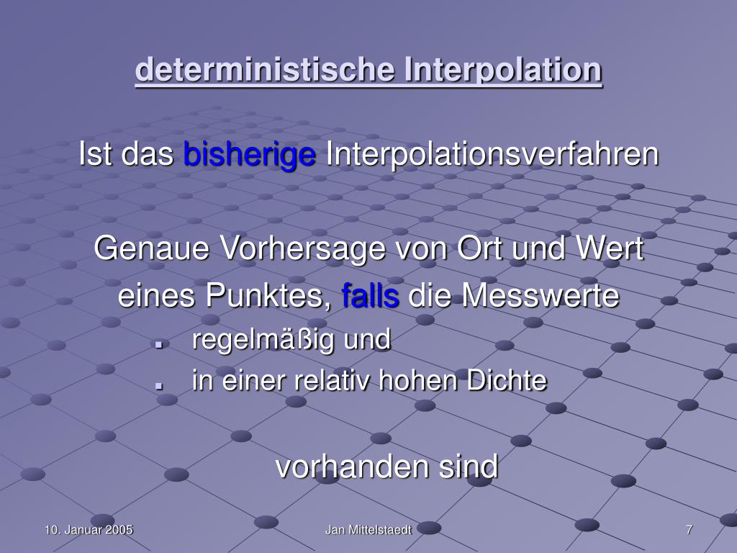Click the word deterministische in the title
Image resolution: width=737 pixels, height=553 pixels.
tap(265, 69)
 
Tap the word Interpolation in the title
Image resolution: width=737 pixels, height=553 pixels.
tap(503, 69)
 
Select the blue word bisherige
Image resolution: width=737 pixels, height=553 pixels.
tap(249, 155)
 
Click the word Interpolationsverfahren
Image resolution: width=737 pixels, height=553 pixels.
tap(492, 153)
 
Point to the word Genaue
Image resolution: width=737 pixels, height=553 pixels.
tap(151, 248)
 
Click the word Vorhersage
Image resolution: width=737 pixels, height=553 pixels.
tap(303, 249)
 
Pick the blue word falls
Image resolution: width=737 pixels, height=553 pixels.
tap(371, 295)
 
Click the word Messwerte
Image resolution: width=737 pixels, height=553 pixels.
tap(540, 295)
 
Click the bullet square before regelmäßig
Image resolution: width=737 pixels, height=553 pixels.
tap(159, 345)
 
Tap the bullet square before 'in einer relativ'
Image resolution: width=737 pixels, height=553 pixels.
tap(159, 385)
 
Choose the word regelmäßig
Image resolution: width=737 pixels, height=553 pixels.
tap(263, 340)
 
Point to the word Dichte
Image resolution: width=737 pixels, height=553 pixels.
tap(507, 380)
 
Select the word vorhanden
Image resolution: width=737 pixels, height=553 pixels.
tap(352, 467)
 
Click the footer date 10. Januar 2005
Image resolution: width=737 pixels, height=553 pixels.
tap(89, 530)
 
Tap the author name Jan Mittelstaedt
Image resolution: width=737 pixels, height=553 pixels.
tap(368, 530)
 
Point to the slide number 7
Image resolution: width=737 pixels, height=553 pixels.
tap(689, 530)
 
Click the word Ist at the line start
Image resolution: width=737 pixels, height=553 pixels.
tap(95, 153)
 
